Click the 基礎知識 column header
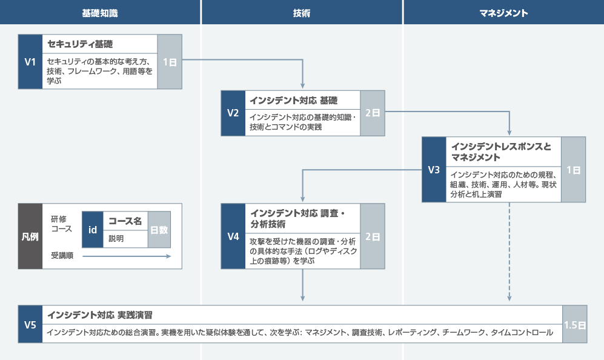[x=100, y=12]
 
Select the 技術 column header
[x=302, y=12]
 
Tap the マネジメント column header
[x=503, y=12]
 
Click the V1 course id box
[x=30, y=62]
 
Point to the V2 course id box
[x=233, y=113]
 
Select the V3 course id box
[x=434, y=170]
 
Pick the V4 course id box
[x=233, y=236]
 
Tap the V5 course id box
[x=30, y=325]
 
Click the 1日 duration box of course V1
[x=170, y=62]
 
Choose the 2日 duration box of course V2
[x=373, y=113]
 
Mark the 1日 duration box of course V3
[x=573, y=170]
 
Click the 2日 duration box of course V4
[x=373, y=236]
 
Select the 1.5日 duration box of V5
[x=574, y=325]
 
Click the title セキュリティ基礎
[x=80, y=44]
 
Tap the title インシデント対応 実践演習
[x=99, y=315]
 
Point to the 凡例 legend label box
[x=30, y=236]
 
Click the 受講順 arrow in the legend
[x=127, y=256]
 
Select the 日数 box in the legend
[x=159, y=230]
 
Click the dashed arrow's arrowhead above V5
[x=509, y=298]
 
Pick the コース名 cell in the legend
[x=125, y=221]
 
